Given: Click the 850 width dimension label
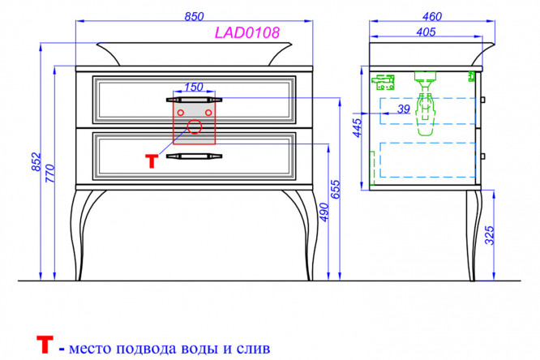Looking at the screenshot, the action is click(x=194, y=16).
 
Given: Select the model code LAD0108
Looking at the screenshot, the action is click(x=247, y=32).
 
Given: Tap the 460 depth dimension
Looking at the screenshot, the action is click(x=431, y=16).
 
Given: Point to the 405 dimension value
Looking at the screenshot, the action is click(x=426, y=32).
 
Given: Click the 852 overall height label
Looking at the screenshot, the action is click(x=36, y=161).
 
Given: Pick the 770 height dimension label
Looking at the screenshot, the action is click(x=50, y=174).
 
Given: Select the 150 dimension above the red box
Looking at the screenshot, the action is click(x=194, y=87).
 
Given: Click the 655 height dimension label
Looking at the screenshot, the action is click(x=335, y=189).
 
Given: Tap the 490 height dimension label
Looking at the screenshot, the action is click(x=324, y=212).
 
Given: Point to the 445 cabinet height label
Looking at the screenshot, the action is click(x=358, y=128).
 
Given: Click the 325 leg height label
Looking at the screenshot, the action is click(x=490, y=235).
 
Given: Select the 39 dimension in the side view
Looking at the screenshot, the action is click(x=404, y=109).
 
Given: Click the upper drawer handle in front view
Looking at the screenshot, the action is click(x=194, y=100).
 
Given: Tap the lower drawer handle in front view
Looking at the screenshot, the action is click(x=194, y=156).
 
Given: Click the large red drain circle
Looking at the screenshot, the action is click(x=195, y=126).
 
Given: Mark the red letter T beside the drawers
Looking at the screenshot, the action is click(x=152, y=161).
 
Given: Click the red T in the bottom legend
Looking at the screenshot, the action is click(x=45, y=345).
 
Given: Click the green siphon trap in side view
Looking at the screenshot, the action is click(x=426, y=103).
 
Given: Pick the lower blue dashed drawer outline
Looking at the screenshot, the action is click(x=428, y=160).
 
